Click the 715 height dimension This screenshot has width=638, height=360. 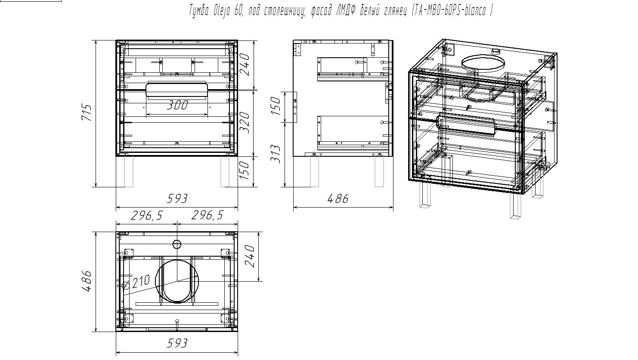(87, 113)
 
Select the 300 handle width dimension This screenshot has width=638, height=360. (177, 105)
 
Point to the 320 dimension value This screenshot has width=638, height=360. (245, 123)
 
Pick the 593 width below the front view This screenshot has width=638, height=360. (177, 199)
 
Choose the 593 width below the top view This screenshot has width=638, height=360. (177, 343)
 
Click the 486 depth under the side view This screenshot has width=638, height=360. (338, 199)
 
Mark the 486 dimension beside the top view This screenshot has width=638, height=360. (87, 281)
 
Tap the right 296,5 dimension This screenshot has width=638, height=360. (208, 215)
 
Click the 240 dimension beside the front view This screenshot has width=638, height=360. (245, 64)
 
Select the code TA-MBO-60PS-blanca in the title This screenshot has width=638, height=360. (450, 11)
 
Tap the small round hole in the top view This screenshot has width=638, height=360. (177, 245)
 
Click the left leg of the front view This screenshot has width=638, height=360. (129, 171)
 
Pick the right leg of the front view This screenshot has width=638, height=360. (225, 171)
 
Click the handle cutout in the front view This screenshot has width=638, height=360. (177, 90)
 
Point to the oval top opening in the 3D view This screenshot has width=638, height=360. (483, 64)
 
